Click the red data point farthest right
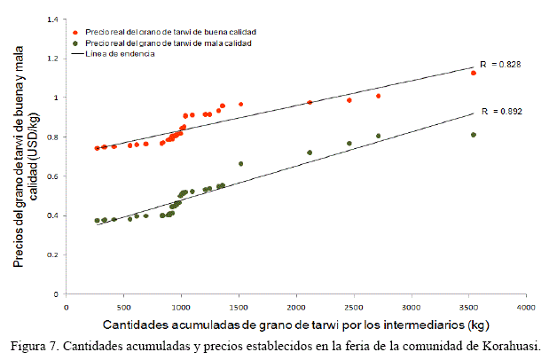point(474,73)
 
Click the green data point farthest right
point(474,135)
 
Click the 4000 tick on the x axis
point(526,307)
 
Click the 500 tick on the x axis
point(123,307)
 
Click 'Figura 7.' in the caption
point(35,345)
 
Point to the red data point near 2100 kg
point(310,102)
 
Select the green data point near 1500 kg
point(240,164)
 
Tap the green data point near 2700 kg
point(379,136)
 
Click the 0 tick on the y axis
point(58,293)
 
